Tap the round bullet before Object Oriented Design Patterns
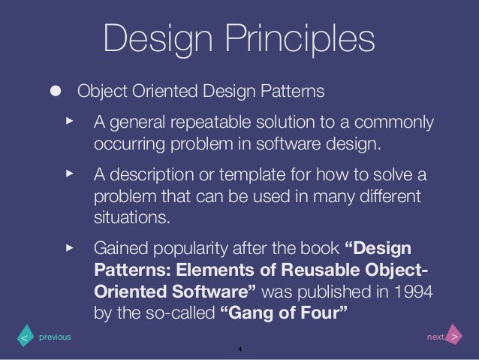(56, 92)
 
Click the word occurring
(126, 143)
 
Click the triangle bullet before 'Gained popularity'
(70, 247)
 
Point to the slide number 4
(239, 350)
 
